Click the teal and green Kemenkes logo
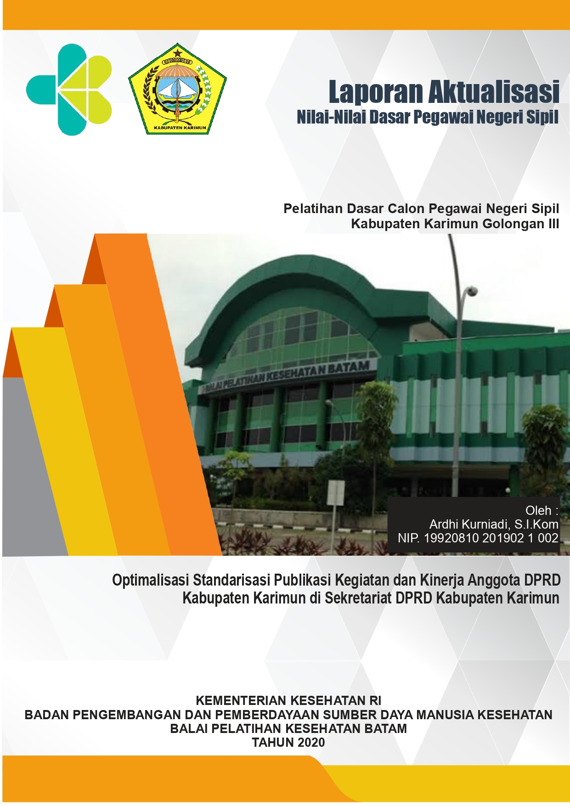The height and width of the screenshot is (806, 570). pyautogui.click(x=69, y=90)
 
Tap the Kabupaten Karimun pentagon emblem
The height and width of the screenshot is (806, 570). pyautogui.click(x=177, y=90)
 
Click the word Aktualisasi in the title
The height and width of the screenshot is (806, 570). pyautogui.click(x=494, y=92)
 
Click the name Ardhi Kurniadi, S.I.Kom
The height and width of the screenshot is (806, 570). pyautogui.click(x=494, y=524)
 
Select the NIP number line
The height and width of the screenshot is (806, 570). pyautogui.click(x=478, y=538)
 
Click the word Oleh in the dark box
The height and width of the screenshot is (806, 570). pyautogui.click(x=538, y=511)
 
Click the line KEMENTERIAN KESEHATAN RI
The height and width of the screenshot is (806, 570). pyautogui.click(x=288, y=700)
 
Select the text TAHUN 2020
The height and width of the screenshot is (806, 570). pyautogui.click(x=288, y=742)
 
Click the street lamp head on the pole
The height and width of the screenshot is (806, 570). pyautogui.click(x=470, y=291)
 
